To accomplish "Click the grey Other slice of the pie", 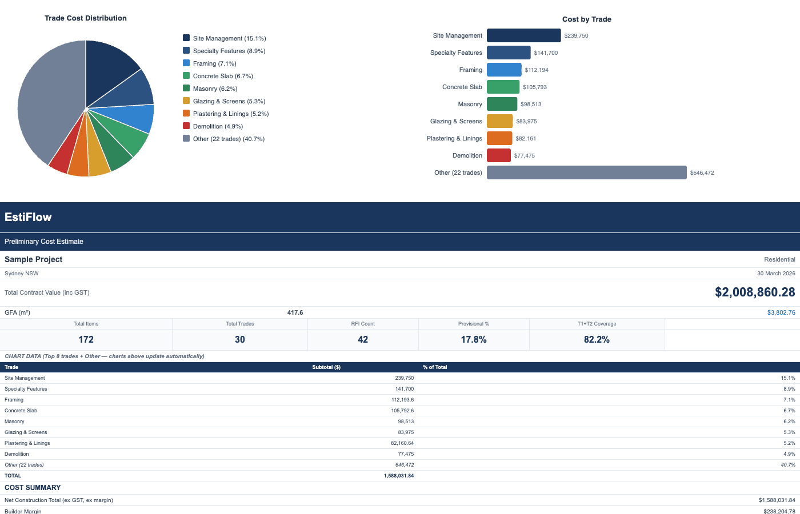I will click(x=46, y=103).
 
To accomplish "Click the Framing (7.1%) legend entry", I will click(x=214, y=63).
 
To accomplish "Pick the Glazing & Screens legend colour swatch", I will click(x=186, y=101).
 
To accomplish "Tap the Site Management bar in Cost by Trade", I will click(x=523, y=35).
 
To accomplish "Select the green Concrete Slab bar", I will click(x=503, y=87).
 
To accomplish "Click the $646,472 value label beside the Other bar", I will click(x=702, y=172).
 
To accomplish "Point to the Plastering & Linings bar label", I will click(x=454, y=138).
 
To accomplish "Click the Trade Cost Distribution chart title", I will click(x=86, y=18).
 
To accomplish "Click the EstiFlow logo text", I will click(x=28, y=217).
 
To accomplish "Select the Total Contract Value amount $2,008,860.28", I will click(x=754, y=292).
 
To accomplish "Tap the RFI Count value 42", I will click(x=363, y=339).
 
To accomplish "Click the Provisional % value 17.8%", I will click(x=474, y=339).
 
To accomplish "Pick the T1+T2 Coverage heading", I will click(x=597, y=324).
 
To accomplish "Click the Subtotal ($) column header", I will click(x=326, y=367).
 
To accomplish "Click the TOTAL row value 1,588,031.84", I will click(x=398, y=476).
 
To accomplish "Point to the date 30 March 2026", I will click(x=776, y=274).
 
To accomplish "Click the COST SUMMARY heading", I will click(x=33, y=488).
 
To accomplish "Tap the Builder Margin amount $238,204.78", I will click(x=779, y=511).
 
